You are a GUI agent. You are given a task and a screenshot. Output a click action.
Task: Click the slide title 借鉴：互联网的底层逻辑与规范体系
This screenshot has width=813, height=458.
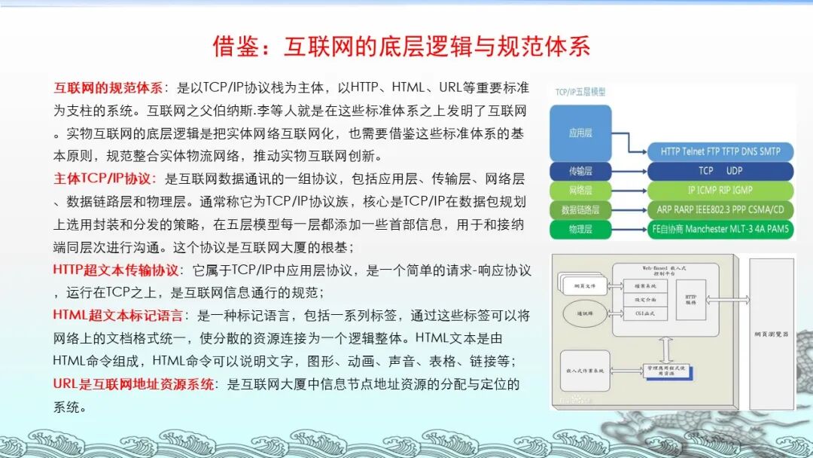(401, 47)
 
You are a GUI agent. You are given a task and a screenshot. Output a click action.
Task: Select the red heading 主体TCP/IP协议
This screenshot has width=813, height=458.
(104, 179)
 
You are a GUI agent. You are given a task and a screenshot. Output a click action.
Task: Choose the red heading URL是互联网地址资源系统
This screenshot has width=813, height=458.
(133, 383)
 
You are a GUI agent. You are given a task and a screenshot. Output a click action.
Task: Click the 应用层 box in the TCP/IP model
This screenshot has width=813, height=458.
(580, 133)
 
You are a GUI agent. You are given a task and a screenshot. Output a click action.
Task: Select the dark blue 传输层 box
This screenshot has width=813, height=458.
(580, 171)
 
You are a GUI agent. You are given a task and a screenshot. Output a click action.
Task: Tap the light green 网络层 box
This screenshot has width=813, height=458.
(580, 191)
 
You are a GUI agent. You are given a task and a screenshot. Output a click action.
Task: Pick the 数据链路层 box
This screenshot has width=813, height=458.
(580, 209)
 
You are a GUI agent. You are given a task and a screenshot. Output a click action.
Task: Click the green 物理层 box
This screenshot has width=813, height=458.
(580, 229)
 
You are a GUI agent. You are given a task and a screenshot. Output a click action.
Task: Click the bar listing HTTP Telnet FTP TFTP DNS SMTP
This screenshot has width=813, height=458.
(720, 151)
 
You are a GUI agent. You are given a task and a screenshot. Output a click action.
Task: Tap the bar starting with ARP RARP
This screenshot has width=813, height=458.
(720, 209)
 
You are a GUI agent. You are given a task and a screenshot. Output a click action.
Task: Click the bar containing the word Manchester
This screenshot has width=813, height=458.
(720, 229)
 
